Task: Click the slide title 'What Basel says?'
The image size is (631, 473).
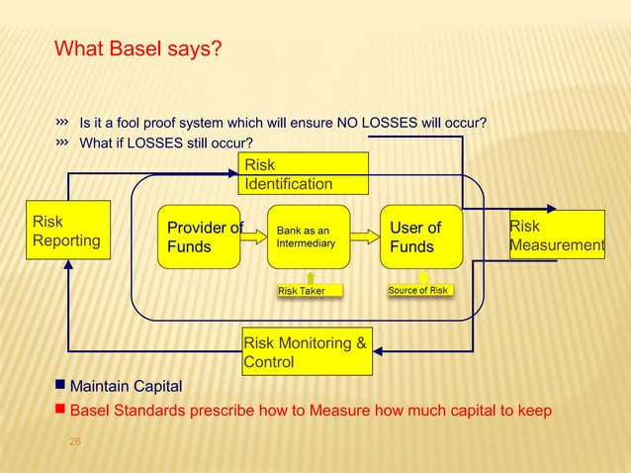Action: (x=137, y=48)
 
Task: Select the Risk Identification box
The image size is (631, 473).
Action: (x=305, y=174)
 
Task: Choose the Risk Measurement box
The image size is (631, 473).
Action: (x=557, y=236)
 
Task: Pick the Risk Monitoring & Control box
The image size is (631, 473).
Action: (x=307, y=351)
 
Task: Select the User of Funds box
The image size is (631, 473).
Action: (x=421, y=237)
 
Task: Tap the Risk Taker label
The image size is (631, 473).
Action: (x=301, y=291)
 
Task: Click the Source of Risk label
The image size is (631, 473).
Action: (x=417, y=291)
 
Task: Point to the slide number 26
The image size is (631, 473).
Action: (x=74, y=440)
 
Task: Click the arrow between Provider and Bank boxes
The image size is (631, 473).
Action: (x=254, y=236)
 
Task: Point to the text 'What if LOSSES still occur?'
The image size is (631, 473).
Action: (x=166, y=143)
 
